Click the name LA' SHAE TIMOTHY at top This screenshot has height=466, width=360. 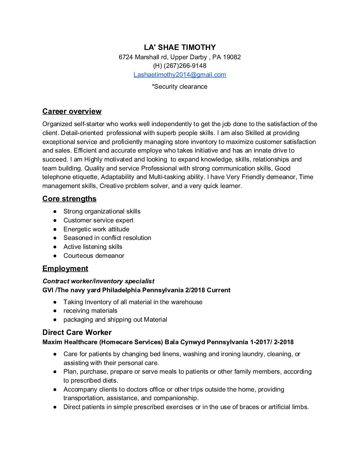tap(180, 47)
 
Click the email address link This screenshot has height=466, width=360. tap(180, 75)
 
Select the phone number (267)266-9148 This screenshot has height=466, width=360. tap(185, 66)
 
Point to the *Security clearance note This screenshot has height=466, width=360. tap(180, 87)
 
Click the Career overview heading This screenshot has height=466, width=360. tap(72, 112)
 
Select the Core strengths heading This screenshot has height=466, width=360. tap(69, 199)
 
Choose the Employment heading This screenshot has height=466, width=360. tap(65, 268)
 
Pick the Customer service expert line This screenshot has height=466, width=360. tap(98, 220)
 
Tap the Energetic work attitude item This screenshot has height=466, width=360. tap(96, 229)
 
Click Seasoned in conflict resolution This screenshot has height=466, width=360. tap(107, 238)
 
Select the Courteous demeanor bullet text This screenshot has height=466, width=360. tap(94, 256)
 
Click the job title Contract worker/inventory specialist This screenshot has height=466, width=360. tap(98, 281)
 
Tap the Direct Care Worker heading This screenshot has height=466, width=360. tap(77, 333)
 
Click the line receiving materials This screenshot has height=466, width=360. tap(90, 311)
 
